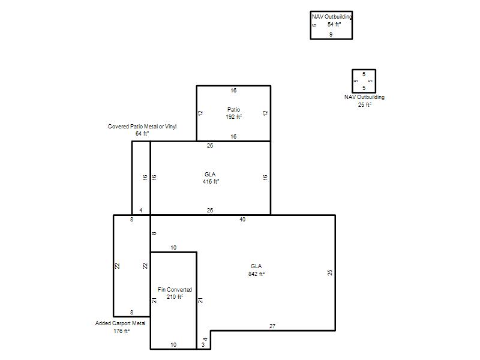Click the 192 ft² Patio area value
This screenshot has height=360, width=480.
234,116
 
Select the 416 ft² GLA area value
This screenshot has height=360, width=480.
211,182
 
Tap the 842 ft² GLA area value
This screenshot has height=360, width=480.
257,274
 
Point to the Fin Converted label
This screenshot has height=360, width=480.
175,289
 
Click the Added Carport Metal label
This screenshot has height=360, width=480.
121,323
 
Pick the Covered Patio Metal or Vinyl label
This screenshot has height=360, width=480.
142,126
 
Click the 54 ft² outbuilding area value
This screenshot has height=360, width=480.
334,24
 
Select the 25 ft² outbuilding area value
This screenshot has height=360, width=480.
365,104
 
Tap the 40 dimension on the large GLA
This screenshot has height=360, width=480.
242,219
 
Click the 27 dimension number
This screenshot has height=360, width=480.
272,326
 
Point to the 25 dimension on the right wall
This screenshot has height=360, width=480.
329,272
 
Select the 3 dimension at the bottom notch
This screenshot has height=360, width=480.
203,344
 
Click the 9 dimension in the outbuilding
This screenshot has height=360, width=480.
331,34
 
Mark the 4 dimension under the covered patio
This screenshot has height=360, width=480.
141,211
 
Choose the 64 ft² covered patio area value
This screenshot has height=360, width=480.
142,133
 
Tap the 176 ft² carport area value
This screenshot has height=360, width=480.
122,331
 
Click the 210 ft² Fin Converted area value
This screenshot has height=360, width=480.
175,296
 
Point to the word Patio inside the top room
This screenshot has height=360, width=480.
234,109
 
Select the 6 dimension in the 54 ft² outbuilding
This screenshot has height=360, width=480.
314,25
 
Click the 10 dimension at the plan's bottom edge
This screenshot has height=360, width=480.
173,344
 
